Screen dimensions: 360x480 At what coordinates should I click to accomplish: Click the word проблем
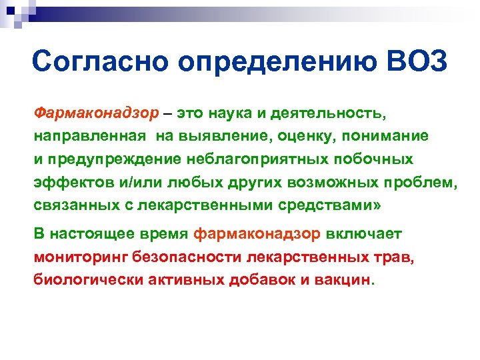(420, 183)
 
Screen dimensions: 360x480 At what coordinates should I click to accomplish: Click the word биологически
(79, 281)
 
